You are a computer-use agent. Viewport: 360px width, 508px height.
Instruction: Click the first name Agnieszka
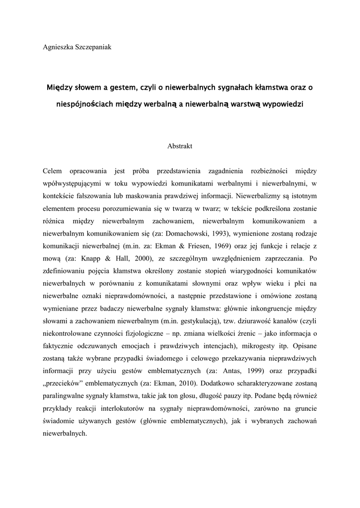59,47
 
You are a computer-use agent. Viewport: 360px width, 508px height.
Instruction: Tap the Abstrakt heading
180,146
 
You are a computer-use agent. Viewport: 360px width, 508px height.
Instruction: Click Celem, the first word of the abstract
53,171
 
